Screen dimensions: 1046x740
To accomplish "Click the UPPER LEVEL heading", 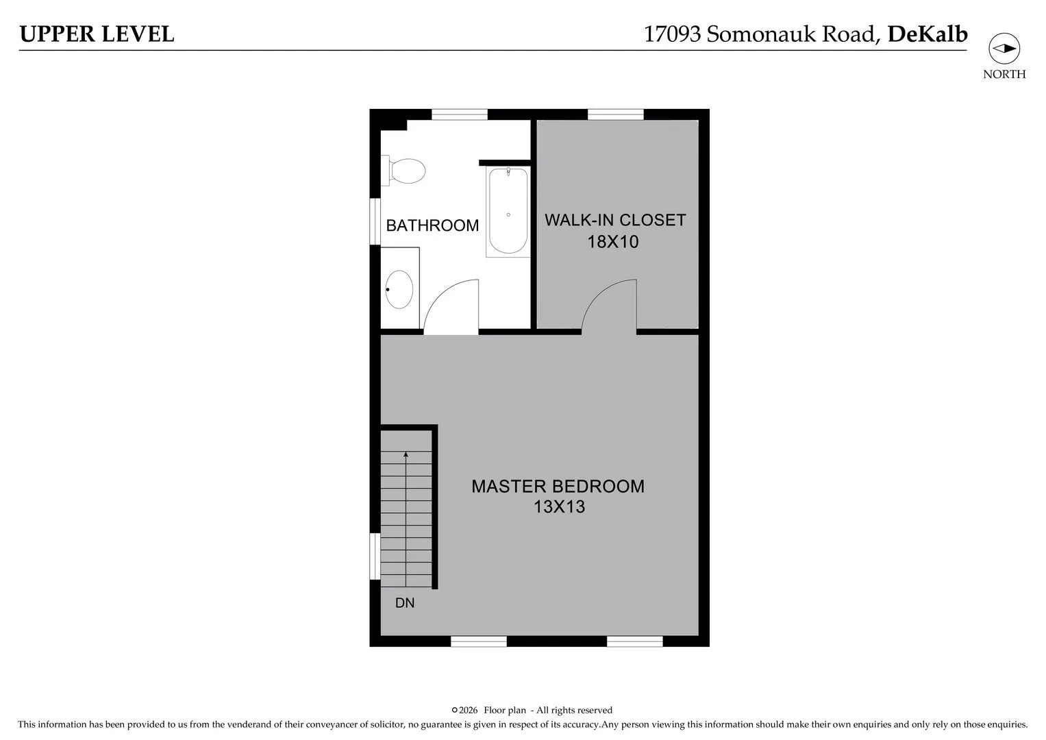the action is click(x=97, y=34).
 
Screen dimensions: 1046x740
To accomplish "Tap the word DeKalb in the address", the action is click(x=927, y=34).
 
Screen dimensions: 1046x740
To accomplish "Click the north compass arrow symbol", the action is click(x=1004, y=49).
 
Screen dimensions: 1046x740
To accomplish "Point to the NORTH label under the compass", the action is click(x=1004, y=74).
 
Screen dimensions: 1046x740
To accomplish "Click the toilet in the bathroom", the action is click(x=403, y=171).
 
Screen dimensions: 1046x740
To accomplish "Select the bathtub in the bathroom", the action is click(x=508, y=212).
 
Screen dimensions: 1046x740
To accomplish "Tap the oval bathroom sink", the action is click(x=399, y=289).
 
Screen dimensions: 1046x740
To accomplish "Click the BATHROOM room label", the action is click(x=432, y=225).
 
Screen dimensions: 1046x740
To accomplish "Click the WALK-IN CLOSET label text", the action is click(x=615, y=220).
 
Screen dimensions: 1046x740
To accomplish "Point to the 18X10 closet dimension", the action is click(x=612, y=242).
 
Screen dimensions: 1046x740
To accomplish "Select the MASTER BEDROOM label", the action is click(x=558, y=486).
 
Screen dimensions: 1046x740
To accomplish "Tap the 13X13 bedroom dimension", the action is click(x=560, y=507).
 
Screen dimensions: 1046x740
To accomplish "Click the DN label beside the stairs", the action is click(x=405, y=603).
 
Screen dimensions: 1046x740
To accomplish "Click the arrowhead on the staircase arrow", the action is click(x=406, y=454).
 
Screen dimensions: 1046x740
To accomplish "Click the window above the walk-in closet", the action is click(x=615, y=114).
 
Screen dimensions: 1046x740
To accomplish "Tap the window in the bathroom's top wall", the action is click(x=460, y=114).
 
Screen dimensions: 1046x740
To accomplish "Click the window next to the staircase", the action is click(x=375, y=556).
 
